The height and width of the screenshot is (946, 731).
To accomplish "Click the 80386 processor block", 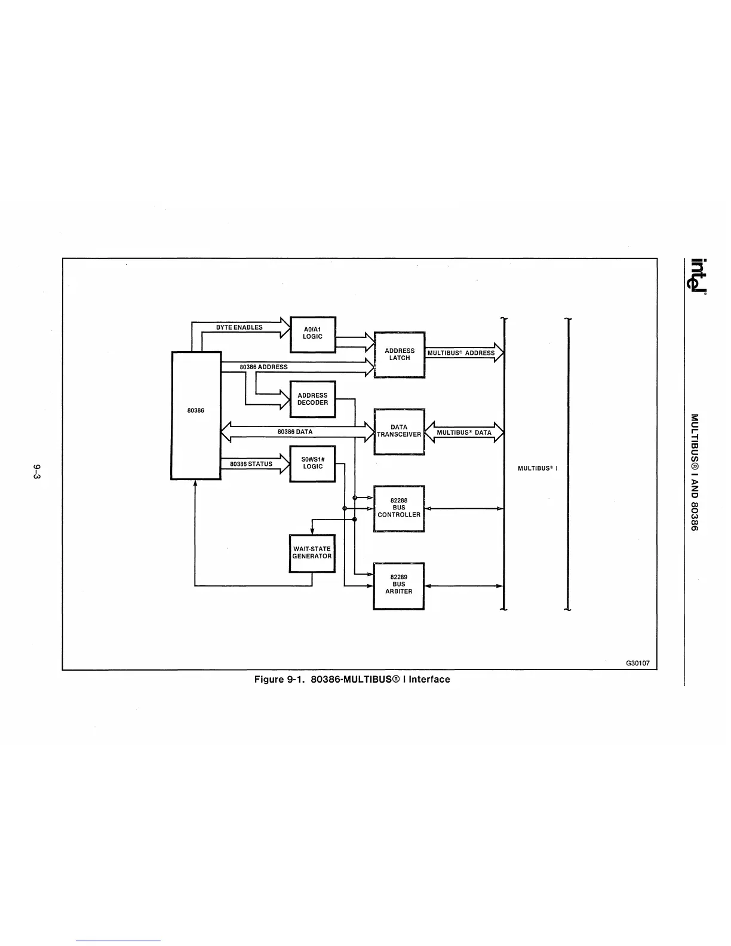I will point(196,415).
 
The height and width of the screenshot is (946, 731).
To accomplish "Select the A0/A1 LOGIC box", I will point(312,334).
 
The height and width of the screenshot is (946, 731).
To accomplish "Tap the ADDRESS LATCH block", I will point(399,355).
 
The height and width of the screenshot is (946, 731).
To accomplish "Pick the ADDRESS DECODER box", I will point(312,399).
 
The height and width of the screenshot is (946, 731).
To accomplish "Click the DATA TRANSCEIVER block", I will point(399,431).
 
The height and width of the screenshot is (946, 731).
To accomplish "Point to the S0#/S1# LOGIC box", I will point(312,463).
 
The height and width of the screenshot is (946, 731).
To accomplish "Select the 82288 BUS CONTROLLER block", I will point(399,508).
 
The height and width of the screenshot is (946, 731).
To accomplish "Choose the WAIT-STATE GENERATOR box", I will point(312,553).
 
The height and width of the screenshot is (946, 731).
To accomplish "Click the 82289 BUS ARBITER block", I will point(398,585).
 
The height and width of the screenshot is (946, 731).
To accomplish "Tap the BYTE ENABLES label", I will point(239,327).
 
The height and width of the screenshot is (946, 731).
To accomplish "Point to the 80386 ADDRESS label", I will point(263,367).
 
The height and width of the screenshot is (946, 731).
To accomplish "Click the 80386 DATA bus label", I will point(295,431).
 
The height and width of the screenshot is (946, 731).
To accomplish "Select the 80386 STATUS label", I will point(251,463).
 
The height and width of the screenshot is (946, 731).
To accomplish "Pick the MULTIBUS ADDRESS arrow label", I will point(461,353).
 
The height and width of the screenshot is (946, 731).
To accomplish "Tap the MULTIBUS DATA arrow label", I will point(464,432).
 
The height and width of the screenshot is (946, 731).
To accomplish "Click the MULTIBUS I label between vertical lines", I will point(537,468).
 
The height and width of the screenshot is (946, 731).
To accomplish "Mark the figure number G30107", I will point(638,664).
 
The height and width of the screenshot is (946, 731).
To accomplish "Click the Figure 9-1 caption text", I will point(352,679).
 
